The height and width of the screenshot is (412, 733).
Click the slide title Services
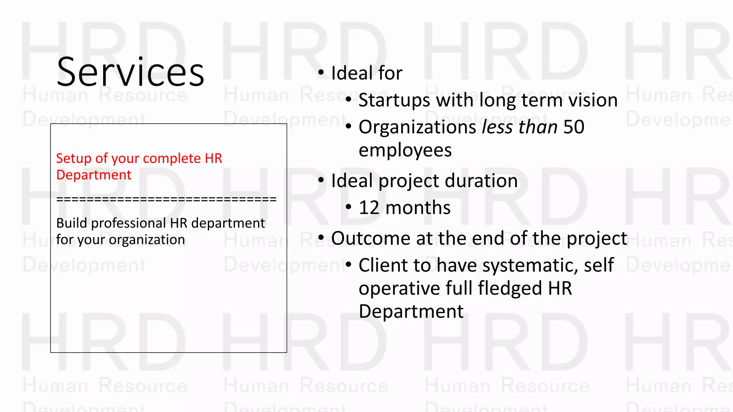(130, 72)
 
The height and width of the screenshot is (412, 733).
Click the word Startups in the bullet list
(394, 100)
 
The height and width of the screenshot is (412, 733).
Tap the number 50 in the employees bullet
(574, 127)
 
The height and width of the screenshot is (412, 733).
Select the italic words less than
(520, 127)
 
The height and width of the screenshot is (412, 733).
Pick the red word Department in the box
(94, 175)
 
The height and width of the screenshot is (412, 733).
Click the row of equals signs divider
(166, 199)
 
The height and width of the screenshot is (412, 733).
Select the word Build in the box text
(72, 223)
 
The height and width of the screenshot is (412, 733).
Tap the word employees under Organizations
(405, 150)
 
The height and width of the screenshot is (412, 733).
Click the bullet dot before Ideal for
(321, 73)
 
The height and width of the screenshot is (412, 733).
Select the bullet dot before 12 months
(349, 207)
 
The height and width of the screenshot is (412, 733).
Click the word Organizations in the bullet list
(417, 127)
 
